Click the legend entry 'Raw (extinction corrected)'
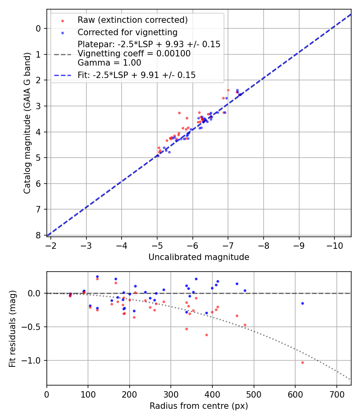(x=132, y=20)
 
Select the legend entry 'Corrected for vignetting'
(x=127, y=32)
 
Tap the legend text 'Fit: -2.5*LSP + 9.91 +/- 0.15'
(x=136, y=75)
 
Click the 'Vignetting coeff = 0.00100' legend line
(x=134, y=54)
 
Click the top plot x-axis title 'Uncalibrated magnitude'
(x=199, y=257)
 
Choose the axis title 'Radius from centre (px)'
(x=199, y=406)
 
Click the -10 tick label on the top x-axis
(x=334, y=246)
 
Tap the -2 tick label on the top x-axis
(x=51, y=246)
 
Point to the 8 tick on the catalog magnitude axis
(x=38, y=235)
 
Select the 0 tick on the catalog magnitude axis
(x=38, y=28)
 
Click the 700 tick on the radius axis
(x=336, y=394)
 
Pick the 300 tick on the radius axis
(x=171, y=394)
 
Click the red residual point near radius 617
(x=302, y=362)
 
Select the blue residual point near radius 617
(x=302, y=303)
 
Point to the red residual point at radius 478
(x=245, y=325)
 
